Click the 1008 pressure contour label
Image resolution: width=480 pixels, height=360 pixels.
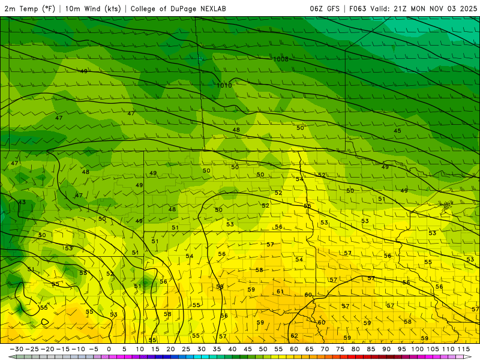click(280, 59)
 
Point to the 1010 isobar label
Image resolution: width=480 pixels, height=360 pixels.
click(224, 85)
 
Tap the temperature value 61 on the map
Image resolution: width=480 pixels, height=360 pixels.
click(280, 292)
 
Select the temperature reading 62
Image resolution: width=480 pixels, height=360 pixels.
click(294, 336)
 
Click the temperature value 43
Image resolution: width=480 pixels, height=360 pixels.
click(22, 202)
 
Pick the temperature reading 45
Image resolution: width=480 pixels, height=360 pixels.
click(397, 131)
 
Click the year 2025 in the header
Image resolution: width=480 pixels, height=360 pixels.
click(468, 8)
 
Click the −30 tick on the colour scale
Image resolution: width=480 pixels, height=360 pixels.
click(16, 349)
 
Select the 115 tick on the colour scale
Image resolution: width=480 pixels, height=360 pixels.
click(463, 349)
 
